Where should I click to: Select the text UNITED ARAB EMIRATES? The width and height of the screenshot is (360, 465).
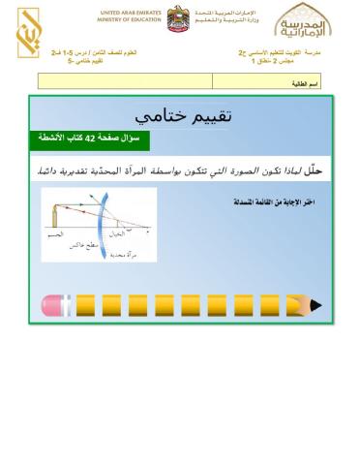pyautogui.click(x=129, y=13)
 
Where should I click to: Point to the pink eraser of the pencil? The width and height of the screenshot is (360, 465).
pyautogui.click(x=49, y=306)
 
